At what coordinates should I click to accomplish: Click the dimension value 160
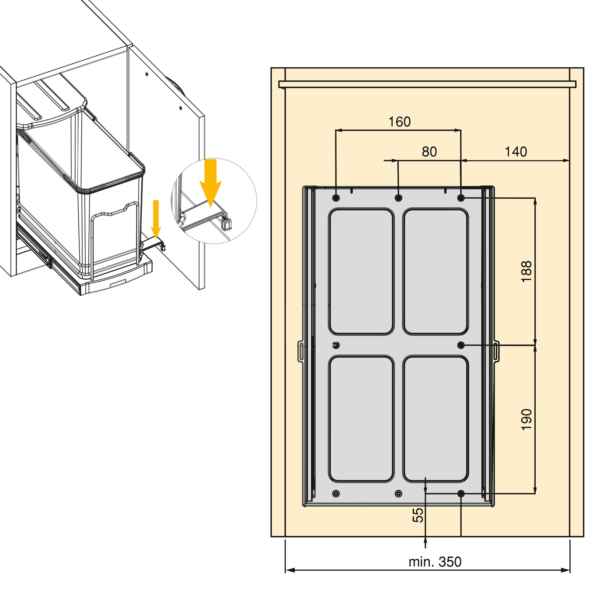pos(399,122)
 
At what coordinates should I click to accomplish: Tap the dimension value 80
pos(429,152)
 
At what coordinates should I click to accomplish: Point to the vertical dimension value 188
pos(527,272)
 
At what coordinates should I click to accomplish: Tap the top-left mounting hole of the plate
pos(336,198)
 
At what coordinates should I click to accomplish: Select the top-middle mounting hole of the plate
pos(398,198)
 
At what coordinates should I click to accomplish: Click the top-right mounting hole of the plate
pos(461,198)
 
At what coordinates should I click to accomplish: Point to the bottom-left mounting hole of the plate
pos(336,494)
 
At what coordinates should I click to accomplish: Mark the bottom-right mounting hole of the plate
pos(461,494)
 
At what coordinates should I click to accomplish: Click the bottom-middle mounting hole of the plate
pos(398,494)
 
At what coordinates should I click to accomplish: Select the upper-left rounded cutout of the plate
pos(361,271)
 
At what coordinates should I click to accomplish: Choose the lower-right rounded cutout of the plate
pos(436,419)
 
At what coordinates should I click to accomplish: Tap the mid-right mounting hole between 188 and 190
pos(461,345)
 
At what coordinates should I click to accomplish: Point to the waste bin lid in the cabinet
pos(52,107)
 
